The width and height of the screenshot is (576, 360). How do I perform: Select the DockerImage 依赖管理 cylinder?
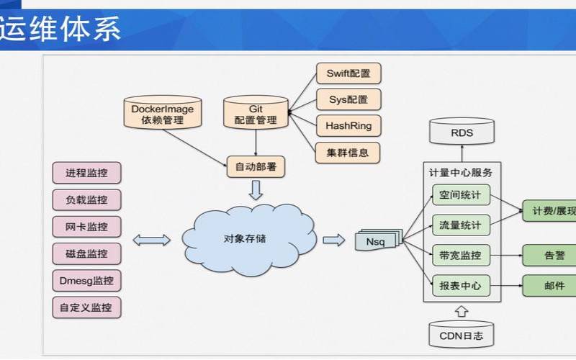[x=161, y=114]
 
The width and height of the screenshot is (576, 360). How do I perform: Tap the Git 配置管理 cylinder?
[x=255, y=114]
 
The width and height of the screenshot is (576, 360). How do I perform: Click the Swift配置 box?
[x=348, y=73]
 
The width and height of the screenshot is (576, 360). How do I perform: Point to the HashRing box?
[x=348, y=126]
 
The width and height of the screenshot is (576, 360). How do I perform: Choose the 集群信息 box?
[x=348, y=152]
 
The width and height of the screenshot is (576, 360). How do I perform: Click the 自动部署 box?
[x=255, y=167]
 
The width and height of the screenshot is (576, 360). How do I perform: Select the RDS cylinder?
[x=462, y=132]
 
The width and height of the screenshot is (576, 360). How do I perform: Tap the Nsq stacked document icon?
[x=376, y=241]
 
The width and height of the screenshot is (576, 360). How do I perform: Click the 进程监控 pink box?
[x=86, y=173]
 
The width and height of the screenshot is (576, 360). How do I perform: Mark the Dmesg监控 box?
[x=86, y=280]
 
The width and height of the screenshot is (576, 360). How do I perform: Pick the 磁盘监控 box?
[x=86, y=253]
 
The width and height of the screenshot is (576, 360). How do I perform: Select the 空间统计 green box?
[x=461, y=195]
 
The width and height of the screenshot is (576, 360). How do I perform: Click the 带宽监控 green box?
[x=461, y=255]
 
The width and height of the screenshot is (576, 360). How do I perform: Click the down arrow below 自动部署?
[x=256, y=191]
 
